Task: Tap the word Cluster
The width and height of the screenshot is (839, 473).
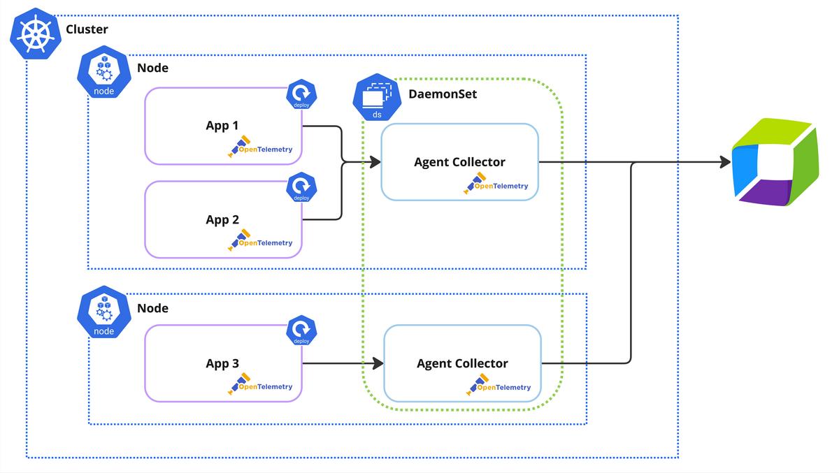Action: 87,29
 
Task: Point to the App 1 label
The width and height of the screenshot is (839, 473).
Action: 222,125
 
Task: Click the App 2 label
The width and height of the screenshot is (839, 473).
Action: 222,219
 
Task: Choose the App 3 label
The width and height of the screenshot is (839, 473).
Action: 222,363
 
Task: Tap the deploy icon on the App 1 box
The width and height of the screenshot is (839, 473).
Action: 301,95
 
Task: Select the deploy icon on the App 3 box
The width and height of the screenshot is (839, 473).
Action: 301,330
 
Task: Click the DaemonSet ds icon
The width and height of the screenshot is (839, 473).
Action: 377,99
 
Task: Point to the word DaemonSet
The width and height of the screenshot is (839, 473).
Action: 443,93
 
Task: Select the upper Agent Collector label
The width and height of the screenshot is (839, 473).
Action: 459,162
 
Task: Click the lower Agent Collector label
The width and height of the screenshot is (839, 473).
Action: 462,363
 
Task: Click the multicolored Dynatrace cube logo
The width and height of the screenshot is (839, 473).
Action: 774,164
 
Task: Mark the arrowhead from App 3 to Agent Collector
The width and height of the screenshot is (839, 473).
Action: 378,363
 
